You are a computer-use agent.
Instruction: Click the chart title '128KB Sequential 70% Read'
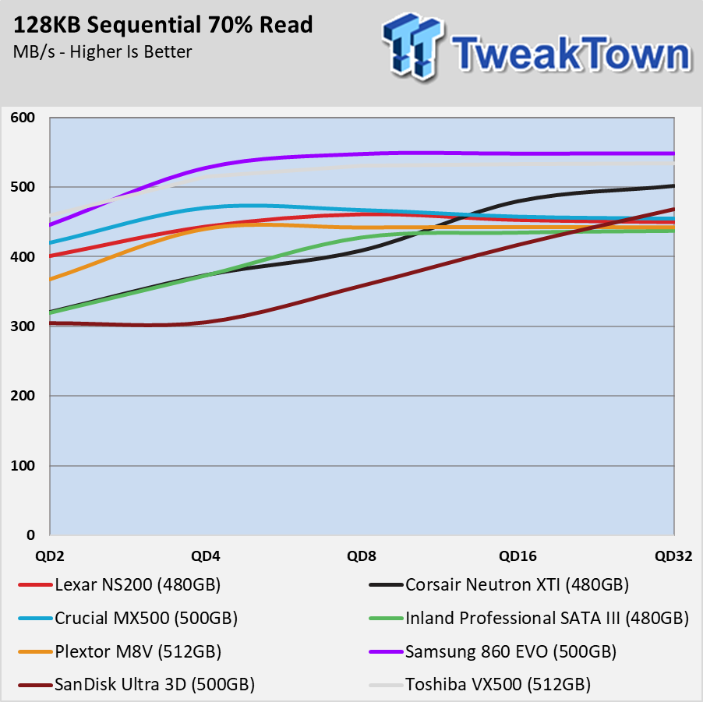(163, 25)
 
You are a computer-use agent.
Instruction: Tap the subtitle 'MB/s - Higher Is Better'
(102, 52)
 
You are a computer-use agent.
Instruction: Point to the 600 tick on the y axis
(23, 118)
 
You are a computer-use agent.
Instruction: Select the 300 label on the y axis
(23, 326)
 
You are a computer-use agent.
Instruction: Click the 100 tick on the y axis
(23, 466)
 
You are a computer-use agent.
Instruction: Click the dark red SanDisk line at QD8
(362, 284)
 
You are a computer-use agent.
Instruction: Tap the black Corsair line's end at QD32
(673, 185)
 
